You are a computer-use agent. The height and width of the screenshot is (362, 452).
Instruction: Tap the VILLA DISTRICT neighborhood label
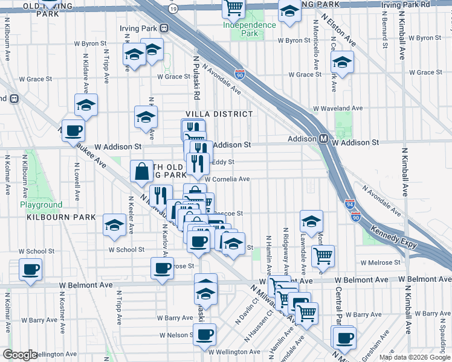pyautogui.click(x=219, y=114)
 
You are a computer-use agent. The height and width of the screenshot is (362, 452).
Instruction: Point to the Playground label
pyautogui.click(x=40, y=205)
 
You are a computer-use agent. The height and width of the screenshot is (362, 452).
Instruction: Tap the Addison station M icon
pyautogui.click(x=324, y=139)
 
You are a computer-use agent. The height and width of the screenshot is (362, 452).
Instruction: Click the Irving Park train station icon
pyautogui.click(x=163, y=28)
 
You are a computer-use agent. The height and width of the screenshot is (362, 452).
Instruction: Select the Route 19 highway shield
pyautogui.click(x=174, y=8)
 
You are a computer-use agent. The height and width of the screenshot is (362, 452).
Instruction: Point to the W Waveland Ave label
pyautogui.click(x=338, y=109)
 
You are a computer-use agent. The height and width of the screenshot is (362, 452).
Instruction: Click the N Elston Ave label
pyautogui.click(x=338, y=30)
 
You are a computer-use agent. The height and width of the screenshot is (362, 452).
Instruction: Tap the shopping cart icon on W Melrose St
pyautogui.click(x=323, y=256)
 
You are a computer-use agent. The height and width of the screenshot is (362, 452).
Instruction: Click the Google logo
pyautogui.click(x=20, y=355)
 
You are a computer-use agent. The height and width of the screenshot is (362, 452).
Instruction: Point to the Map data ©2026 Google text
pyautogui.click(x=415, y=357)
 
